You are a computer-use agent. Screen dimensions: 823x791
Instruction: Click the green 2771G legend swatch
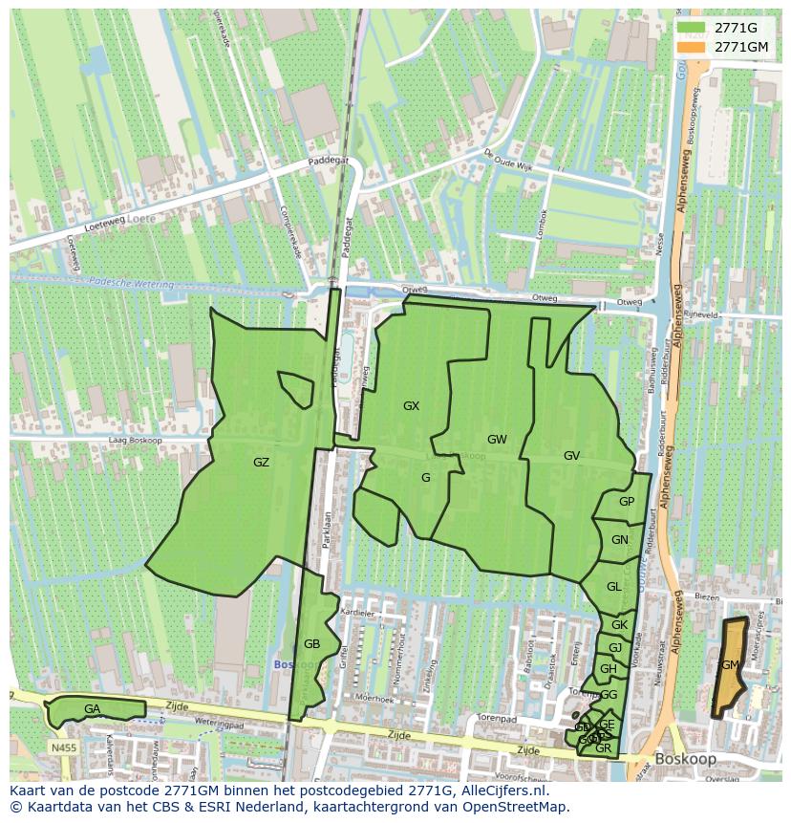click(x=693, y=28)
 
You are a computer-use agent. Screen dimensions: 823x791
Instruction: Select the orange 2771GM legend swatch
click(x=693, y=47)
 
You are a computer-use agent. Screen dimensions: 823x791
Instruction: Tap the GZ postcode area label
click(x=261, y=463)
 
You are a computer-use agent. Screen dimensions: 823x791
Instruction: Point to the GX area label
click(x=411, y=406)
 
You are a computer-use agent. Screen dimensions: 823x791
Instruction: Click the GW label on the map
click(x=497, y=440)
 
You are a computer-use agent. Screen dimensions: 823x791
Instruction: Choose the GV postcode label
click(x=571, y=456)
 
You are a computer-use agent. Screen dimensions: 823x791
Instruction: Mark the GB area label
click(x=311, y=644)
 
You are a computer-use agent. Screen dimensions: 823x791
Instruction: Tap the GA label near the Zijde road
click(x=92, y=709)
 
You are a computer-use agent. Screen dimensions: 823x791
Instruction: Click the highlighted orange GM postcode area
click(x=731, y=665)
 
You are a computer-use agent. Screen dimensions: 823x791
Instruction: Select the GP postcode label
click(x=626, y=502)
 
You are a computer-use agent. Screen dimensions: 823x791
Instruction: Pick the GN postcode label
click(x=620, y=540)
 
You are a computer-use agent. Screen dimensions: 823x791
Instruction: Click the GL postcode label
click(x=613, y=587)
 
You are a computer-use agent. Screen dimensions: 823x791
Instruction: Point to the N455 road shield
click(x=63, y=747)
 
